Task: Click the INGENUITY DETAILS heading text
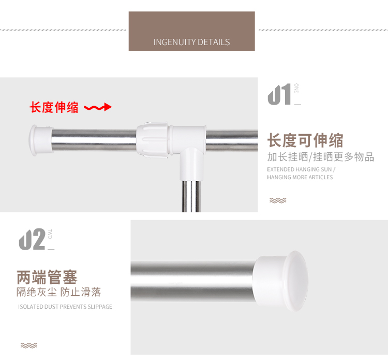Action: pyautogui.click(x=192, y=42)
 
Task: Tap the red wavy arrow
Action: pyautogui.click(x=98, y=107)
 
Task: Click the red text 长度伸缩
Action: pyautogui.click(x=54, y=107)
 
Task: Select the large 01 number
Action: pyautogui.click(x=279, y=94)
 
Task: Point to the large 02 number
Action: pyautogui.click(x=32, y=239)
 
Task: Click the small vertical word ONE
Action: pyautogui.click(x=296, y=88)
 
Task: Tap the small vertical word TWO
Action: pyautogui.click(x=50, y=234)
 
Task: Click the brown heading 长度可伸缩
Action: pyautogui.click(x=305, y=140)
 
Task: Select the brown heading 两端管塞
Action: pyautogui.click(x=47, y=277)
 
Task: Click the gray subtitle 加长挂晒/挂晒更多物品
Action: pyautogui.click(x=321, y=157)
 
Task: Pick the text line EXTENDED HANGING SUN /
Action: pyautogui.click(x=301, y=169)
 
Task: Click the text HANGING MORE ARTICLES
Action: pyautogui.click(x=300, y=177)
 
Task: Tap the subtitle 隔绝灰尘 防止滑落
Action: pyautogui.click(x=59, y=292)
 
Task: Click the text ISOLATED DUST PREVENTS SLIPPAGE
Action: pyautogui.click(x=65, y=307)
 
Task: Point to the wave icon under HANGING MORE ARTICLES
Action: pyautogui.click(x=278, y=200)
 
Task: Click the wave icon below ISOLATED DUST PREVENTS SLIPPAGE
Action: pyautogui.click(x=29, y=345)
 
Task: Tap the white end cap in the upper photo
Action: pyautogui.click(x=41, y=140)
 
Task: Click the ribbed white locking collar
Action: pyautogui.click(x=153, y=139)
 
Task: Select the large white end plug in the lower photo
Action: pyautogui.click(x=282, y=281)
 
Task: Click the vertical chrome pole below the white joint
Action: pyautogui.click(x=191, y=196)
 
